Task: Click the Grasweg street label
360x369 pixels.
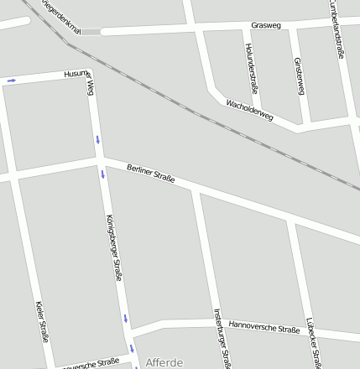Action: pos(264,25)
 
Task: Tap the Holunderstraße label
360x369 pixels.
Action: pos(251,67)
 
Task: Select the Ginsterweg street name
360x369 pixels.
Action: pos(299,75)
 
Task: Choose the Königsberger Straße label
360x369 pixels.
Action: pos(115,247)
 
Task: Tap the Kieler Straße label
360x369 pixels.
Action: pos(42,322)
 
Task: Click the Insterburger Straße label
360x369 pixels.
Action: pos(221,339)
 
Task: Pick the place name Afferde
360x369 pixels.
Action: pos(164,363)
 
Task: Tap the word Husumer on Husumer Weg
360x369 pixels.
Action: pos(76,75)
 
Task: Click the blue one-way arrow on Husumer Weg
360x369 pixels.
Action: pos(12,81)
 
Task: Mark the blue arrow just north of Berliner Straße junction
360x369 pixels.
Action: pos(97,138)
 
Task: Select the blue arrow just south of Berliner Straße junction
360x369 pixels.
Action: pos(103,174)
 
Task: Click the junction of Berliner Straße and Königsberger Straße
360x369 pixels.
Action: pos(101,159)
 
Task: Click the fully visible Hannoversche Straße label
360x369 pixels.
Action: pos(264,327)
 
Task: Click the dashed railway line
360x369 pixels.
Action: pos(210,117)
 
